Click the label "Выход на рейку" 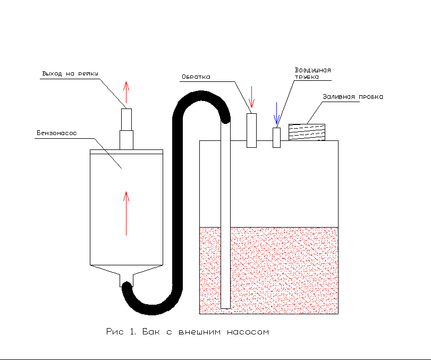70,73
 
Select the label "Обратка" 196,77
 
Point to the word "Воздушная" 313,70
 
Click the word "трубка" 307,77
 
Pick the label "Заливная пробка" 352,97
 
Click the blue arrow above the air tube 276,112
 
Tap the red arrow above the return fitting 252,97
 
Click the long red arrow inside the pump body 126,213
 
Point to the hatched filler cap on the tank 306,132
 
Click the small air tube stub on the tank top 276,137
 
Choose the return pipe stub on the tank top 252,130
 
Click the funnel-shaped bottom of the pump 126,274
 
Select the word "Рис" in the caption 114,332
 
